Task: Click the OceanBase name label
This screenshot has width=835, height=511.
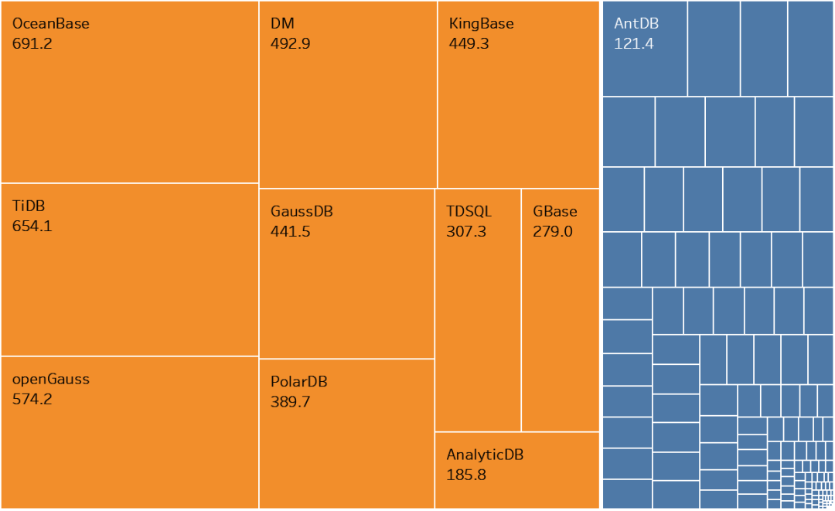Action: click(x=51, y=24)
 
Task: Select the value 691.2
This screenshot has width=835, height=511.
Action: click(x=32, y=43)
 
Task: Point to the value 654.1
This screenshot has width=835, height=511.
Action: click(x=32, y=227)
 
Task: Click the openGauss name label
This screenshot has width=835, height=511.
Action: click(x=51, y=380)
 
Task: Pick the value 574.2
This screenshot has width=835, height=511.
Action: click(x=32, y=400)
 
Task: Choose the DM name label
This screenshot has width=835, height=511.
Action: click(x=282, y=24)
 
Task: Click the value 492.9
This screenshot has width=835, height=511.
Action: click(x=291, y=43)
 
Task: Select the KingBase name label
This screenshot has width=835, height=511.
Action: click(x=481, y=24)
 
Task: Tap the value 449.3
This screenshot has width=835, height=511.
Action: click(x=469, y=43)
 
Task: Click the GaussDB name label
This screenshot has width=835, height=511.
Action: click(x=302, y=211)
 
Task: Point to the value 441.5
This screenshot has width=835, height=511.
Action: click(x=291, y=231)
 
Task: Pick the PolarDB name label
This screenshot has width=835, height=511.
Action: click(x=299, y=382)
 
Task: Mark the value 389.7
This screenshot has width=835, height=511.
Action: click(x=291, y=402)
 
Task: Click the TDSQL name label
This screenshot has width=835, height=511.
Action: click(x=469, y=211)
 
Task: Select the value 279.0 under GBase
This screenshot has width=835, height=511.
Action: click(x=553, y=231)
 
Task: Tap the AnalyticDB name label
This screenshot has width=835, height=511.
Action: click(x=485, y=455)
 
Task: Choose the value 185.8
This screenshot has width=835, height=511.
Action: click(x=466, y=475)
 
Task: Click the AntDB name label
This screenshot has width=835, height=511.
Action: click(x=636, y=24)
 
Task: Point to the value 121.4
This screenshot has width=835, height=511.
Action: click(x=634, y=43)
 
